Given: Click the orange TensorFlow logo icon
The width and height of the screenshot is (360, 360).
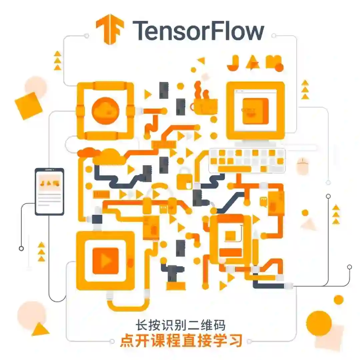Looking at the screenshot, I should (110, 29).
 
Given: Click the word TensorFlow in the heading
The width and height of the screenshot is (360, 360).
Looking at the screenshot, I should (198, 30).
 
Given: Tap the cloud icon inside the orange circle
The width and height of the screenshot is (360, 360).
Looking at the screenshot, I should (105, 108).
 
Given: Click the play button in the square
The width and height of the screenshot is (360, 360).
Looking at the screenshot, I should (105, 261).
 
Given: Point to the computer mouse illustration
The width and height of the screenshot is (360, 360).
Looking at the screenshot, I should (303, 166).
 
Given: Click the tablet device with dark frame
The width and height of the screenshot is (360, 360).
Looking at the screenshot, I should (49, 191).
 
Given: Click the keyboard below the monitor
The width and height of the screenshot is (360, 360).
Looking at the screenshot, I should (247, 160).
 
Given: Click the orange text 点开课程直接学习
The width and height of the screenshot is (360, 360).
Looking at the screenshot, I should (181, 341).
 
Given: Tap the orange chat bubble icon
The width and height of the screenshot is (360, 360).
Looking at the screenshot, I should (264, 201).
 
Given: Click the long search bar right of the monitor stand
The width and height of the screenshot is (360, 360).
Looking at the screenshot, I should (300, 147).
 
